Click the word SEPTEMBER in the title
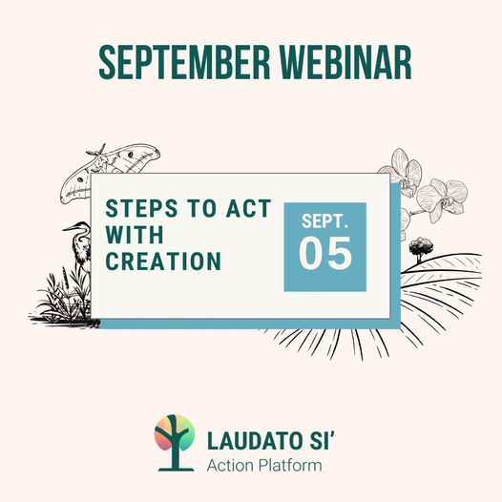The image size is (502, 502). point(185,63)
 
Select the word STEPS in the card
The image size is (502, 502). point(141,208)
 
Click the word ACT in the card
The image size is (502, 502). point(249,208)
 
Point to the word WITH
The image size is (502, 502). point(135,235)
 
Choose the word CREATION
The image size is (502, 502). point(163,261)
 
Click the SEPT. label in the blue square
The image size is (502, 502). point(324,221)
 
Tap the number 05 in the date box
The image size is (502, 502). point(325,253)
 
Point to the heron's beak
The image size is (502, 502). point(70,228)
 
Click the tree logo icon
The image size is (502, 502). point(175,443)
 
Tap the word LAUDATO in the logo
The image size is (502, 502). point(255,441)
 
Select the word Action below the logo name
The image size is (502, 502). point(230,466)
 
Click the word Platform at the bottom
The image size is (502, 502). point(290,466)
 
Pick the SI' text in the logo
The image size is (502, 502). point(321,441)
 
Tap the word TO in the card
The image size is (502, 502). point(202,208)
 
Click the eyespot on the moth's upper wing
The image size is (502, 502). point(131,155)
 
